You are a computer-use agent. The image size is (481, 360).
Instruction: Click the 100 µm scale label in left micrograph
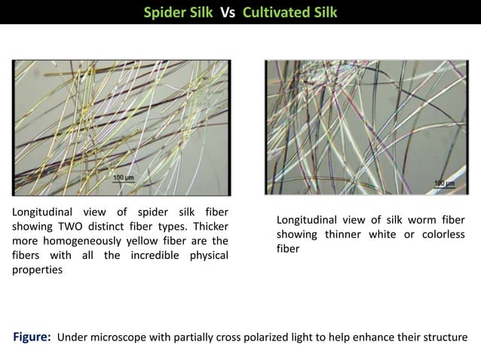point(123,178)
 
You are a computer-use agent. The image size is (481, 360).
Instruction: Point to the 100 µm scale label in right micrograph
point(444,183)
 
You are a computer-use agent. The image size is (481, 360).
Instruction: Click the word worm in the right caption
point(418,220)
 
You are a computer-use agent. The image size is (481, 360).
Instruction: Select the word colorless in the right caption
point(441,234)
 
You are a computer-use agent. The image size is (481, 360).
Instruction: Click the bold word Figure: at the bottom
point(32,336)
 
